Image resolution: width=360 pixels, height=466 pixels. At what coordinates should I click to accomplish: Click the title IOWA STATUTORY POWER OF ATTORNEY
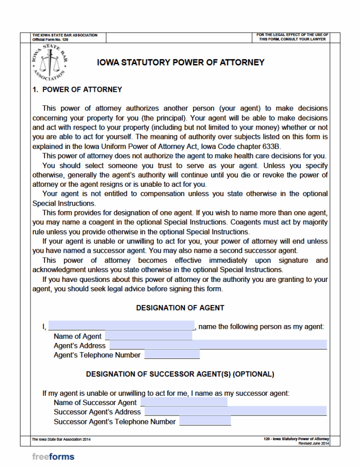(x=180, y=62)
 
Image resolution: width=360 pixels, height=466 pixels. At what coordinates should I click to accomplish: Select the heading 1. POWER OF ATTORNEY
(x=77, y=89)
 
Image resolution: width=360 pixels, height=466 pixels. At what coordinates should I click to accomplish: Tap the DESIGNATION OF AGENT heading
(x=180, y=308)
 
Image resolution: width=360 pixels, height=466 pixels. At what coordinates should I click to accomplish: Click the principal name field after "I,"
(x=121, y=326)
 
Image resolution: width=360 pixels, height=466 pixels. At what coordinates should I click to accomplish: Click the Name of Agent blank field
(x=149, y=336)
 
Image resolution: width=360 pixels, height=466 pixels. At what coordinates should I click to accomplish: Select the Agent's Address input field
(x=218, y=345)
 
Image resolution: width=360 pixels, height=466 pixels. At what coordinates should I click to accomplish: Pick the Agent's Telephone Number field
(x=172, y=355)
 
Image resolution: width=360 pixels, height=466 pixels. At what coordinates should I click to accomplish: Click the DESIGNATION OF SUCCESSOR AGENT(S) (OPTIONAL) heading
(x=180, y=374)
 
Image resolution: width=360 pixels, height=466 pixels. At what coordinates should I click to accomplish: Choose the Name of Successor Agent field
(x=184, y=402)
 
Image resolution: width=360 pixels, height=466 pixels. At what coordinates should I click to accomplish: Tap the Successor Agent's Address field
(x=236, y=412)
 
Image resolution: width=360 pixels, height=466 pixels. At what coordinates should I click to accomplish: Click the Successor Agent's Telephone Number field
(x=205, y=422)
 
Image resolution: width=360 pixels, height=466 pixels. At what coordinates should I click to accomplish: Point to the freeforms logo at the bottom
(x=53, y=456)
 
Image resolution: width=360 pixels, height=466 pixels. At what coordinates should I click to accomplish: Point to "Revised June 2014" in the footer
(x=314, y=443)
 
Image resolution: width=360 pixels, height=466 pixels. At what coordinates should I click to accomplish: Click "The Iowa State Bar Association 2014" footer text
(x=61, y=439)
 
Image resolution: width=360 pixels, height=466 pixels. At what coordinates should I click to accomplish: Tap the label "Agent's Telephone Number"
(x=97, y=355)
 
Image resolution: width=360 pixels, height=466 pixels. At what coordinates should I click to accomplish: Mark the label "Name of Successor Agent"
(x=95, y=402)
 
